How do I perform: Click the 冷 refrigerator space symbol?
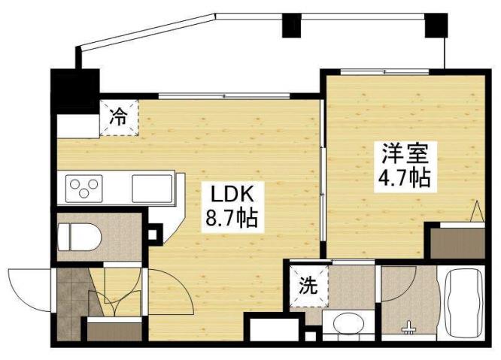(x=119, y=117)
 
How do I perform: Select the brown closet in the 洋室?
(x=455, y=242)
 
